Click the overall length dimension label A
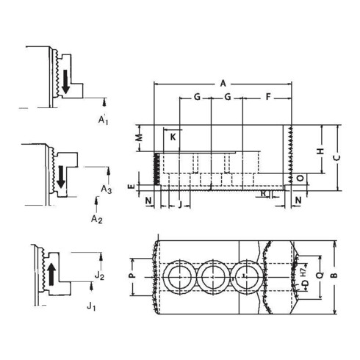pos(223,84)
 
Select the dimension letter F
pos(267,97)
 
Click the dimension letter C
pos(335,156)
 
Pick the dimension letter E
pos(131,187)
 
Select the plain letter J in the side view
pos(181,204)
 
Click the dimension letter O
pos(302,179)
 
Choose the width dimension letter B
pos(334,276)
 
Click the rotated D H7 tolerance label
pos(303,277)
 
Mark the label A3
pos(106,189)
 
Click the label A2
pos(95,218)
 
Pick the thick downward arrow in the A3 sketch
pos(61,175)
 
